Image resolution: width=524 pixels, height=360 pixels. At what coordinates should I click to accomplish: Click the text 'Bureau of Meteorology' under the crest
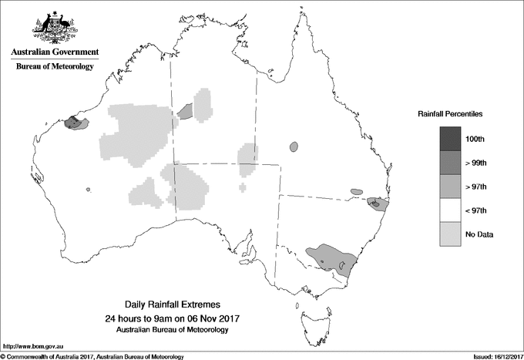(55, 67)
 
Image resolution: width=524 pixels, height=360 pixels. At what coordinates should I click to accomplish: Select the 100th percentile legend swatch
(451, 138)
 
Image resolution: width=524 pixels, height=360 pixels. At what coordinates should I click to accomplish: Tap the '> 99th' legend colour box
(451, 163)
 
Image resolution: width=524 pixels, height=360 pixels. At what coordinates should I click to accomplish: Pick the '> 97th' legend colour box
(451, 187)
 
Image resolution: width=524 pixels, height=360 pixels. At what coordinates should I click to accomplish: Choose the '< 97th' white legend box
(451, 210)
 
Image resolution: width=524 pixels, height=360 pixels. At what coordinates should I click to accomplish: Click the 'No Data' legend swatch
(451, 234)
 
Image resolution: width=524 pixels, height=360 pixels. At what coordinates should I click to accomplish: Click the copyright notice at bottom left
(92, 355)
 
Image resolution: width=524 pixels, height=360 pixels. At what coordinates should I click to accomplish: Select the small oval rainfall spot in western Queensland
(293, 146)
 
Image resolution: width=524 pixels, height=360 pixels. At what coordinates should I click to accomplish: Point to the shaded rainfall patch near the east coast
(377, 204)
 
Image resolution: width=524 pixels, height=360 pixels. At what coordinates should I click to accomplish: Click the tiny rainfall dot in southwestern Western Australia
(89, 190)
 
